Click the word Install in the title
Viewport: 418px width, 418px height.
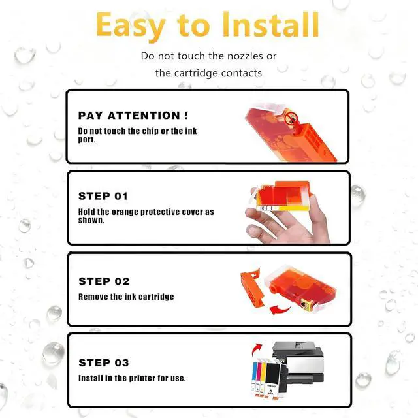tap(270, 25)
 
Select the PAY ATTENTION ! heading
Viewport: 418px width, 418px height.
tap(133, 116)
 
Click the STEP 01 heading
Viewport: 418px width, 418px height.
tap(103, 196)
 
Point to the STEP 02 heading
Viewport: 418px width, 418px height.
tap(104, 281)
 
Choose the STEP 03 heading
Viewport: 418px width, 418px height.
tap(104, 362)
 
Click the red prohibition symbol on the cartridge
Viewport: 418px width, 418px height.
tap(291, 118)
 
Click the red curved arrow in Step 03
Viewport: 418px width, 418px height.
tap(257, 349)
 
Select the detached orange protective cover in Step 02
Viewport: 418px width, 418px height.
tap(251, 291)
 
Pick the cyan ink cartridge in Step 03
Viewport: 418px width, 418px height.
tap(254, 379)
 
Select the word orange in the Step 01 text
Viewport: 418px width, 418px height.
tap(125, 212)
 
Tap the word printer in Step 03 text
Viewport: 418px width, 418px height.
tap(140, 378)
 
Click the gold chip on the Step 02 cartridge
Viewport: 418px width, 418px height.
tap(303, 304)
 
